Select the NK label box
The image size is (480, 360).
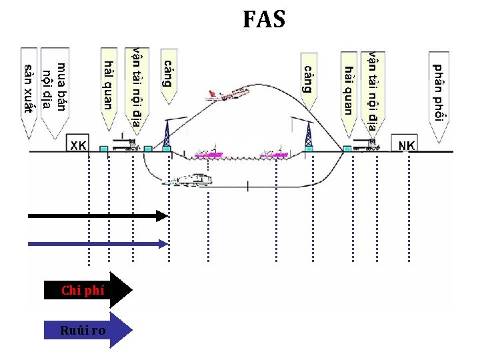point(406,146)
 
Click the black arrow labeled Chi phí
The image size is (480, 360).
point(87,290)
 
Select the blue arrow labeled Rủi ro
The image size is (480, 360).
point(87,329)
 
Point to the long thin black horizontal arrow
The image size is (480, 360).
point(97,215)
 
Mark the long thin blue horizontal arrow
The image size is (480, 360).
point(97,243)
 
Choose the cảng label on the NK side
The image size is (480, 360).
point(308,77)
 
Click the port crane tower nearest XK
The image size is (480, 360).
point(167,132)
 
